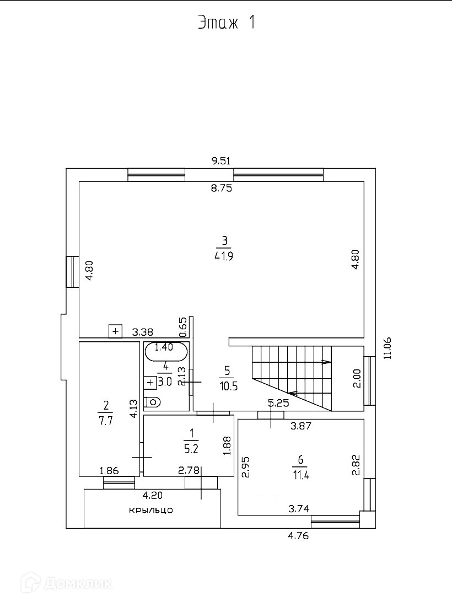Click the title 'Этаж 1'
pos(226,23)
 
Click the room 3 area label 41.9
pos(224,256)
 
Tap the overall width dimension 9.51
pos(220,161)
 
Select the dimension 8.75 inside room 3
pos(222,189)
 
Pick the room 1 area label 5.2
pos(191,449)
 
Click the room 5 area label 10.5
pos(227,386)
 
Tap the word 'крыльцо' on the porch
pos(151,510)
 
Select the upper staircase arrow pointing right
pos(326,362)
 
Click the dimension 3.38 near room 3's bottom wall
pos(143,332)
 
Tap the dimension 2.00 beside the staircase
pos(357,378)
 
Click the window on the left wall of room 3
pos(72,271)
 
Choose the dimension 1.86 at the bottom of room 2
pos(109,470)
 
